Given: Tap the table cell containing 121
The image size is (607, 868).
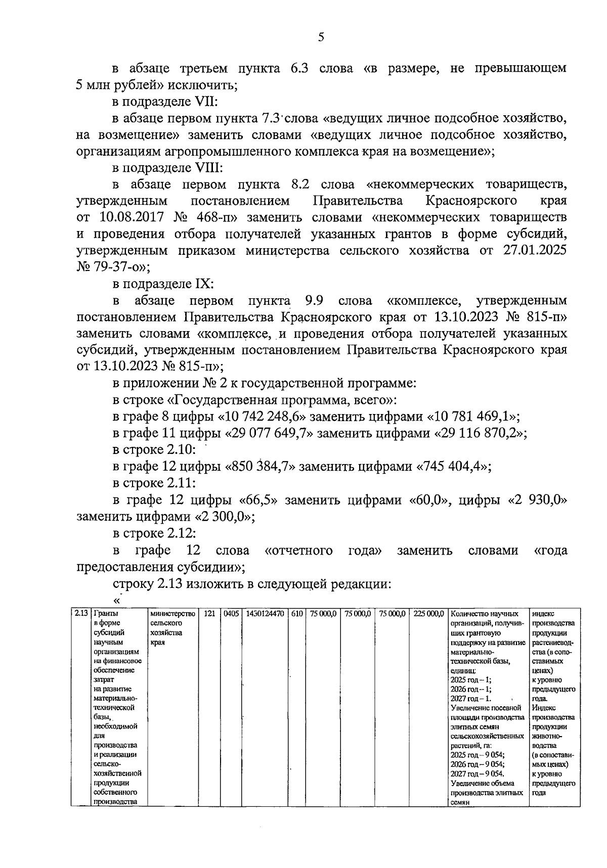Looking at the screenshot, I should pos(209,614).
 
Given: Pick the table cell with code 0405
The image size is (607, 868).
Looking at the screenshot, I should pos(231,614).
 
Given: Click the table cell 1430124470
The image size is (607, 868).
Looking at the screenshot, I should pos(265,614).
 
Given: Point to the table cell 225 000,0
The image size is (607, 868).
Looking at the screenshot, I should pos(428,614).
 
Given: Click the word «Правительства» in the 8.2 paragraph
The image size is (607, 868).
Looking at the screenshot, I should pos(358,201).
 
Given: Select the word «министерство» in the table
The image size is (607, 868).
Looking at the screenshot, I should pos(172,614).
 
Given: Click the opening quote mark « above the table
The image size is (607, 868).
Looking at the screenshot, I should pos(117,601).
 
